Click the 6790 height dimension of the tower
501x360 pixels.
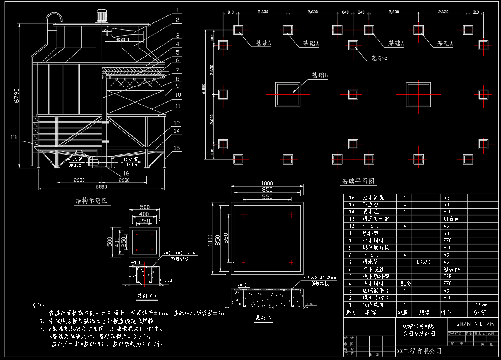click(16, 95)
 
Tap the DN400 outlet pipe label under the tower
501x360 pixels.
click(132, 165)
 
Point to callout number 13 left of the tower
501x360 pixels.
click(14, 137)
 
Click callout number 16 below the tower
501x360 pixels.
click(126, 174)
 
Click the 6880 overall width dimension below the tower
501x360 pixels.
click(102, 187)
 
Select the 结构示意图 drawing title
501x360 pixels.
click(91, 201)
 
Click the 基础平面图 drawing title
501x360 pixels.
click(358, 181)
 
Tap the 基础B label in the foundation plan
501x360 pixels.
click(320, 75)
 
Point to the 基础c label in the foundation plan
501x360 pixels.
click(379, 58)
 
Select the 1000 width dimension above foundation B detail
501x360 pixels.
click(267, 183)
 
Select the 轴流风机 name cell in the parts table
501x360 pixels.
click(374, 305)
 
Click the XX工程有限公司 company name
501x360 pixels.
click(419, 351)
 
